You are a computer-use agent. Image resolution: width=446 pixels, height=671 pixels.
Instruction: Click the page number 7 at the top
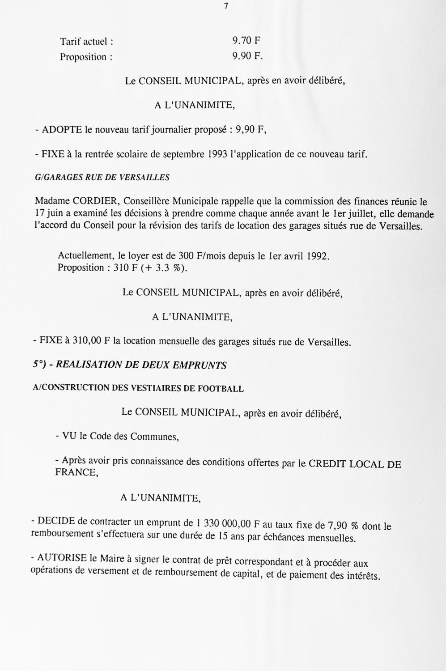226,6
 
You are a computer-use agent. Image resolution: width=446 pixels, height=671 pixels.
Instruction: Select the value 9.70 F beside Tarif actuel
246,41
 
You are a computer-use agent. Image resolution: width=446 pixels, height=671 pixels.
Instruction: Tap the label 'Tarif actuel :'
86,42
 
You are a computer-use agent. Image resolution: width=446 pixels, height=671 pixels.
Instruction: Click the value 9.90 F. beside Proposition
247,56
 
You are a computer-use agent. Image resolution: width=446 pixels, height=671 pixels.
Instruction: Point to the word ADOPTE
62,130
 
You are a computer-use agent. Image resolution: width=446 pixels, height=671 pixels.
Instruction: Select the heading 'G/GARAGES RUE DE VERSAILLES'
102,178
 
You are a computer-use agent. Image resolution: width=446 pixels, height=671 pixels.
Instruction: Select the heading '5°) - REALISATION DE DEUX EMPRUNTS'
130,365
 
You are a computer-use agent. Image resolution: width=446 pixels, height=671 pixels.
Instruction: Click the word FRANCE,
76,472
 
